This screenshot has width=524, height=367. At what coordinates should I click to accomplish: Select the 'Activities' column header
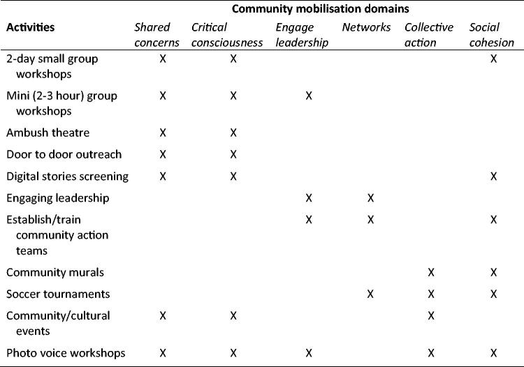click(31, 28)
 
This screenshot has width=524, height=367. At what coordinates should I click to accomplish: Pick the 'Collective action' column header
click(429, 35)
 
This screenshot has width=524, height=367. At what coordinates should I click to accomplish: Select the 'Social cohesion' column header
click(492, 35)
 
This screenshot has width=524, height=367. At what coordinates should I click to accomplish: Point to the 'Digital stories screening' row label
click(68, 177)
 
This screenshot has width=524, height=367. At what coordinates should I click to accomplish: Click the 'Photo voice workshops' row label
click(66, 353)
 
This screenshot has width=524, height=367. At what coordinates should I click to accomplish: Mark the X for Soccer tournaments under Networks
click(370, 294)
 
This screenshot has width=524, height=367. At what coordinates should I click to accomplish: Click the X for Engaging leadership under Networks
click(370, 198)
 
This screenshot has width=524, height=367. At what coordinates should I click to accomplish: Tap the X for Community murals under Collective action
click(431, 272)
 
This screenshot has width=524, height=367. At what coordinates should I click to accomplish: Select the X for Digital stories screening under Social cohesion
click(494, 177)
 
